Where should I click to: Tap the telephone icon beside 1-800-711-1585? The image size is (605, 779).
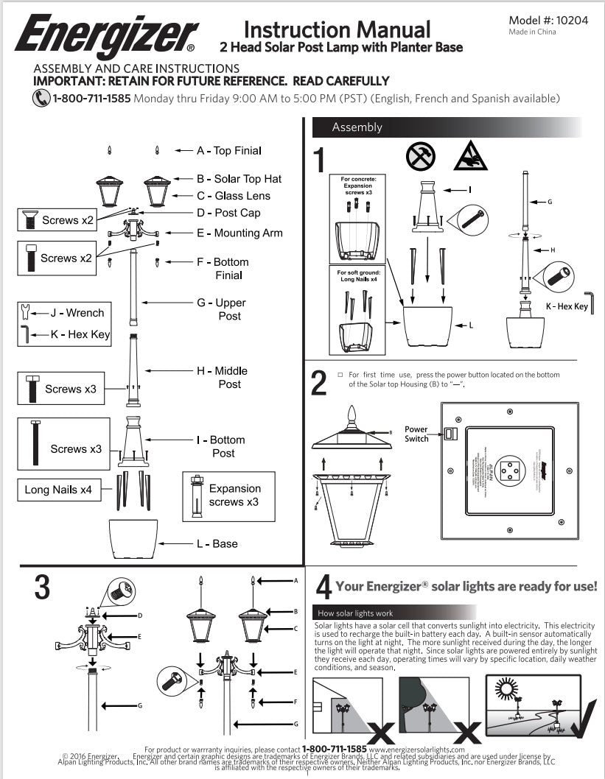[41, 98]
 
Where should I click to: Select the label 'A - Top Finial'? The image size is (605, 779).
[228, 150]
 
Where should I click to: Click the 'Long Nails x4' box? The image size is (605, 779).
[58, 490]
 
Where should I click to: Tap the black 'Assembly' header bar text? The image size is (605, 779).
[357, 127]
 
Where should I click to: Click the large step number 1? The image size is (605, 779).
[319, 160]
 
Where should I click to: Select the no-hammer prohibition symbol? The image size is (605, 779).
[421, 155]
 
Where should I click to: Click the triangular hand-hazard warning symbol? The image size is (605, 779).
[469, 155]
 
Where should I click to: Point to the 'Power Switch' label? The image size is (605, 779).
[416, 434]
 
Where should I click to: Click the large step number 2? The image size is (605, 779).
[319, 384]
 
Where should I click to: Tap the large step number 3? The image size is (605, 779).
[42, 587]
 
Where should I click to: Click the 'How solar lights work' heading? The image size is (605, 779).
[354, 613]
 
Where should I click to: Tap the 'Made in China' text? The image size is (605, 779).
[532, 32]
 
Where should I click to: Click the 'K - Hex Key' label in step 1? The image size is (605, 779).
[567, 306]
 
